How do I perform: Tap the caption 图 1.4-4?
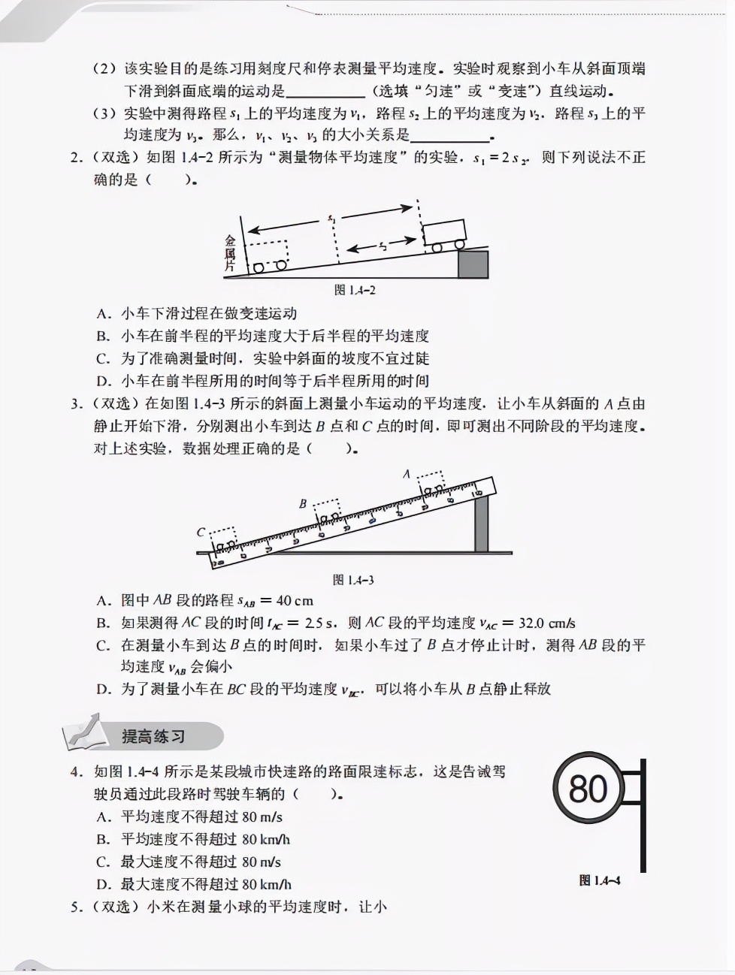pyautogui.click(x=599, y=880)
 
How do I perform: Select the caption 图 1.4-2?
pyautogui.click(x=354, y=290)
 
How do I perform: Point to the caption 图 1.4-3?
pyautogui.click(x=352, y=580)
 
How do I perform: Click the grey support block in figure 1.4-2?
pyautogui.click(x=473, y=264)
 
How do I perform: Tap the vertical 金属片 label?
pyautogui.click(x=230, y=253)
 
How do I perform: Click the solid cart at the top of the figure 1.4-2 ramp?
pyautogui.click(x=443, y=233)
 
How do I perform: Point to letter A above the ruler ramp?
pyautogui.click(x=407, y=474)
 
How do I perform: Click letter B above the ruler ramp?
pyautogui.click(x=303, y=504)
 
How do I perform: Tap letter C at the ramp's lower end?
pyautogui.click(x=201, y=532)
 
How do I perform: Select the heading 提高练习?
pyautogui.click(x=153, y=737)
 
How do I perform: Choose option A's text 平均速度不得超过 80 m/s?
pyautogui.click(x=201, y=817)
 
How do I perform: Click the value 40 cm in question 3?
pyautogui.click(x=295, y=601)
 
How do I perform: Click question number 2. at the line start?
pyautogui.click(x=76, y=158)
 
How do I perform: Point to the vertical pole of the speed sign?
pyautogui.click(x=643, y=815)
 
